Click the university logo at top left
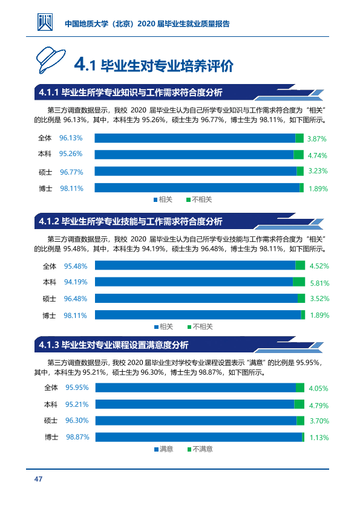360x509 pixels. [45, 22]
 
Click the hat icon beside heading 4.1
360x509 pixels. [50, 60]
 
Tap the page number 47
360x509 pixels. [38, 479]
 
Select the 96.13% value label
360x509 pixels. [71, 138]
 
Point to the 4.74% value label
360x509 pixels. [318, 155]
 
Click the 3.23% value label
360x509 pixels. [318, 171]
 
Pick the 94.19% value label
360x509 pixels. [76, 282]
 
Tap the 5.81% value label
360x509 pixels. [319, 284]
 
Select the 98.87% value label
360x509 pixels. [77, 437]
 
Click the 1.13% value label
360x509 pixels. [319, 438]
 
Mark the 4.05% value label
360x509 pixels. [318, 389]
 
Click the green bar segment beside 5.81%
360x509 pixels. [299, 282]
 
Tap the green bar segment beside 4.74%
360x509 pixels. [299, 155]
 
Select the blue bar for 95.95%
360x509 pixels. [195, 387]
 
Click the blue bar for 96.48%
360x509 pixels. [196, 298]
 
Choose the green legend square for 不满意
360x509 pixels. [189, 449]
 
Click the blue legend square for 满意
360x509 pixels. [156, 449]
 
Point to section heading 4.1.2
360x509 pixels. [131, 221]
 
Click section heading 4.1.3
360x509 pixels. [113, 345]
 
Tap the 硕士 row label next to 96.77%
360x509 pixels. [45, 172]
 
